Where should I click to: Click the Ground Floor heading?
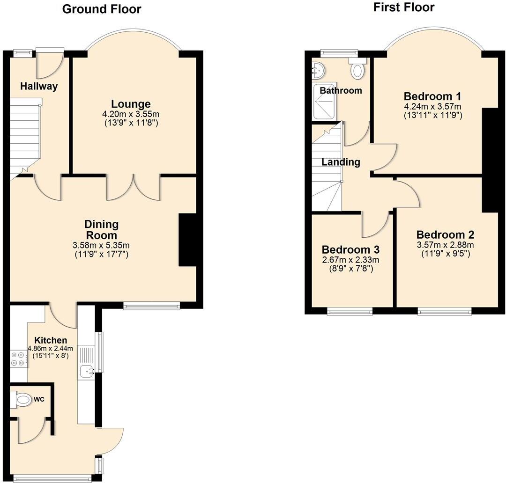click(101, 9)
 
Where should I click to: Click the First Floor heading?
click(403, 7)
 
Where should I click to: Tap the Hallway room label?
click(39, 86)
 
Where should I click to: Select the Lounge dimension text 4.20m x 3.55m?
click(131, 114)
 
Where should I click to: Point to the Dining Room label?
click(101, 229)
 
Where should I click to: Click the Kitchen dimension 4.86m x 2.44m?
click(50, 349)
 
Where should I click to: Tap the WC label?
click(39, 400)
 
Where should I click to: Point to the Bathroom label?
click(341, 90)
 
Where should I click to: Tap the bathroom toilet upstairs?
click(358, 69)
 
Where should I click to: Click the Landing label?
click(341, 162)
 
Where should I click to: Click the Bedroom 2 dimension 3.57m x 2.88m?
click(445, 245)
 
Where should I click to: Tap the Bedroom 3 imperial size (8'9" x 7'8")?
click(350, 269)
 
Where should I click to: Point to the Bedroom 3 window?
click(350, 311)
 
